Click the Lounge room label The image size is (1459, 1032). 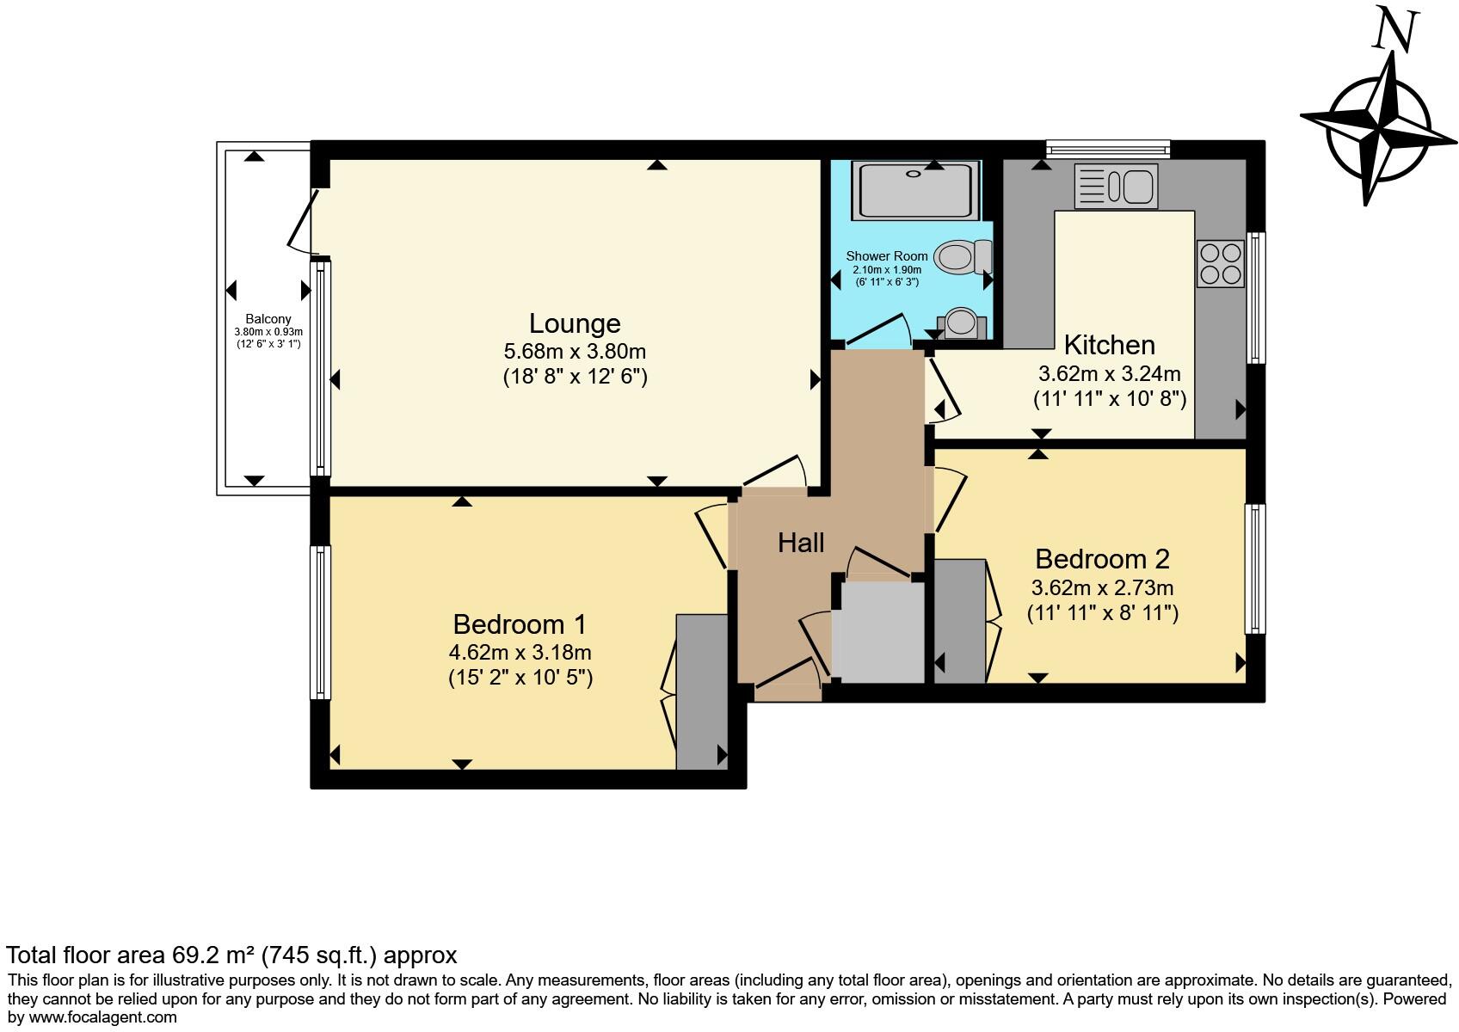[x=574, y=323]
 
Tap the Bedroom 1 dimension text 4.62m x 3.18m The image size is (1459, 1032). [x=520, y=653]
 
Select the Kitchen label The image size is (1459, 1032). [x=1109, y=345]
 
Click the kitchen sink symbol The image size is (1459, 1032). [x=1116, y=187]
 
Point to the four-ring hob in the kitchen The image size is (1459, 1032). [x=1220, y=263]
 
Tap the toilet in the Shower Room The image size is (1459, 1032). [x=962, y=256]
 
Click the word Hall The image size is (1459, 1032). [x=800, y=543]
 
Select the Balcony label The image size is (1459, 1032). [x=268, y=319]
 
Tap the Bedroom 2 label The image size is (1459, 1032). [x=1101, y=559]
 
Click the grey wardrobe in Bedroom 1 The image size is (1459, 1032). [x=701, y=691]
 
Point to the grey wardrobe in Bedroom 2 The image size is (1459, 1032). [x=959, y=621]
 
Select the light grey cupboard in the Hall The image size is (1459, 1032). [x=877, y=632]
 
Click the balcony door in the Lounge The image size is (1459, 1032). [x=302, y=220]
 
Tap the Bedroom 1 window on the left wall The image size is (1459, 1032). [x=320, y=623]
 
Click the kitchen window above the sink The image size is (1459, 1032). [x=1107, y=150]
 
